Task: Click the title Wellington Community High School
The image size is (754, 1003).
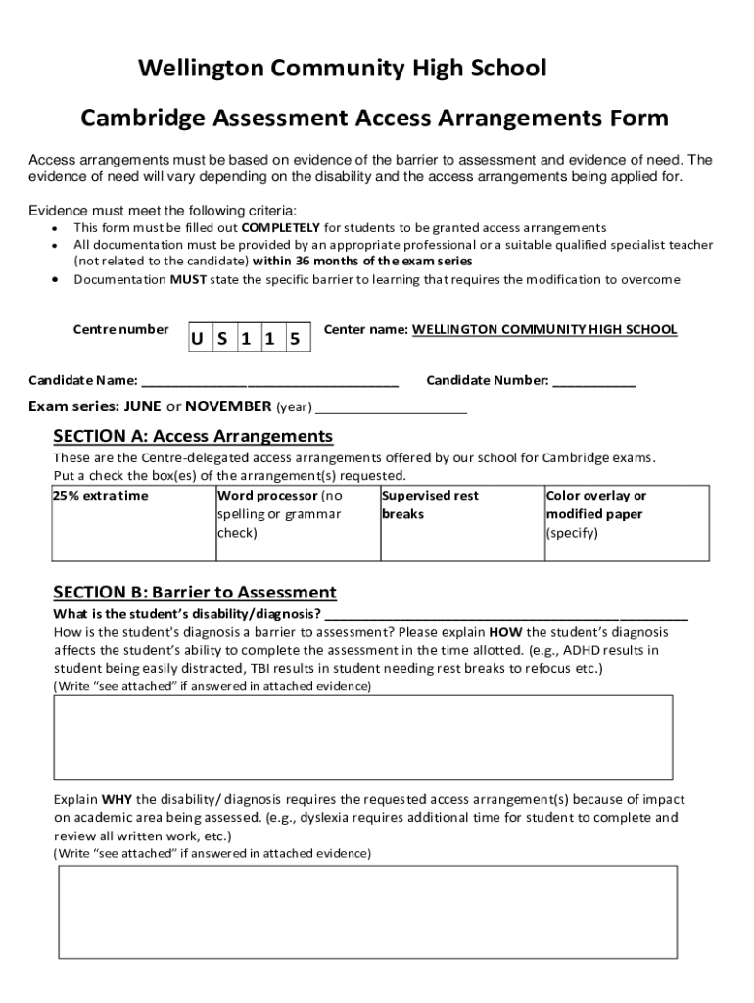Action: coord(342,69)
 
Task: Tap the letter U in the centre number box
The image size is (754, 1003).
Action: coord(197,339)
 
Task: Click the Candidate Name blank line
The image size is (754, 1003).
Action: coord(269,381)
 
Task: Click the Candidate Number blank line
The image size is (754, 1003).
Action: coord(593,381)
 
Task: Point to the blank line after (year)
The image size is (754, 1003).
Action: coord(391,407)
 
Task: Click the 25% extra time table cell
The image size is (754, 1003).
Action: coord(133,523)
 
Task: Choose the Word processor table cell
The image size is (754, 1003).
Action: coord(297,523)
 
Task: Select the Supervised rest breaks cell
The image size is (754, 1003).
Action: coord(460,523)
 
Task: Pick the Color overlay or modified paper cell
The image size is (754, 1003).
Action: coord(625,523)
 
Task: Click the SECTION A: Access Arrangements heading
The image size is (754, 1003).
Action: coord(193,436)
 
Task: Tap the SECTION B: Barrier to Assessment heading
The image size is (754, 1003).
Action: coord(194,592)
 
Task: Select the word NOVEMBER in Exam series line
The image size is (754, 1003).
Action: coord(228,406)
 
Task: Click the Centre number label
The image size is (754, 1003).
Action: coord(120,329)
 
